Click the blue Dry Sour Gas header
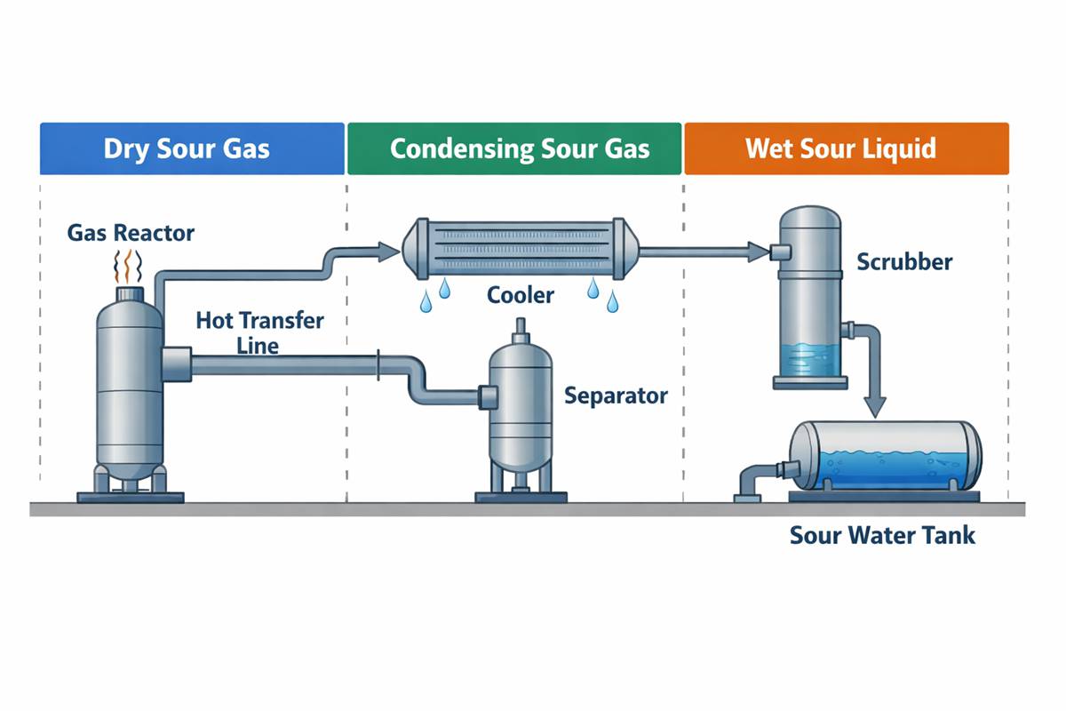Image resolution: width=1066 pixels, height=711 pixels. pyautogui.click(x=192, y=148)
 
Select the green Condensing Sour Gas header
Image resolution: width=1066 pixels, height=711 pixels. pyautogui.click(x=514, y=148)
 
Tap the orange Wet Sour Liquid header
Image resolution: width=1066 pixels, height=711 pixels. pyautogui.click(x=846, y=148)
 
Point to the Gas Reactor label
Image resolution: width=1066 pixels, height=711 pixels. pyautogui.click(x=131, y=234)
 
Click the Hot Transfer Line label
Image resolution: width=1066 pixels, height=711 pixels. pyautogui.click(x=259, y=332)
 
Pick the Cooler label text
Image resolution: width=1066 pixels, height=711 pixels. pyautogui.click(x=520, y=294)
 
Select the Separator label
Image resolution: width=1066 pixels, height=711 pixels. pyautogui.click(x=616, y=395)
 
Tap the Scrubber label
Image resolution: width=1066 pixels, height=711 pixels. pyautogui.click(x=904, y=261)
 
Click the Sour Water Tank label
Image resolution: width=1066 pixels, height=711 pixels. pyautogui.click(x=882, y=536)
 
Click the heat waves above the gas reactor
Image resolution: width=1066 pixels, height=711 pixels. pyautogui.click(x=130, y=266)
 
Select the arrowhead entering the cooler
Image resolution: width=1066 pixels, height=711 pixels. pyautogui.click(x=387, y=252)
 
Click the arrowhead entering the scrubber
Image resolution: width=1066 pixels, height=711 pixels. pyautogui.click(x=759, y=252)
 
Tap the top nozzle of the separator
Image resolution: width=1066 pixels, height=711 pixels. pyautogui.click(x=519, y=331)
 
